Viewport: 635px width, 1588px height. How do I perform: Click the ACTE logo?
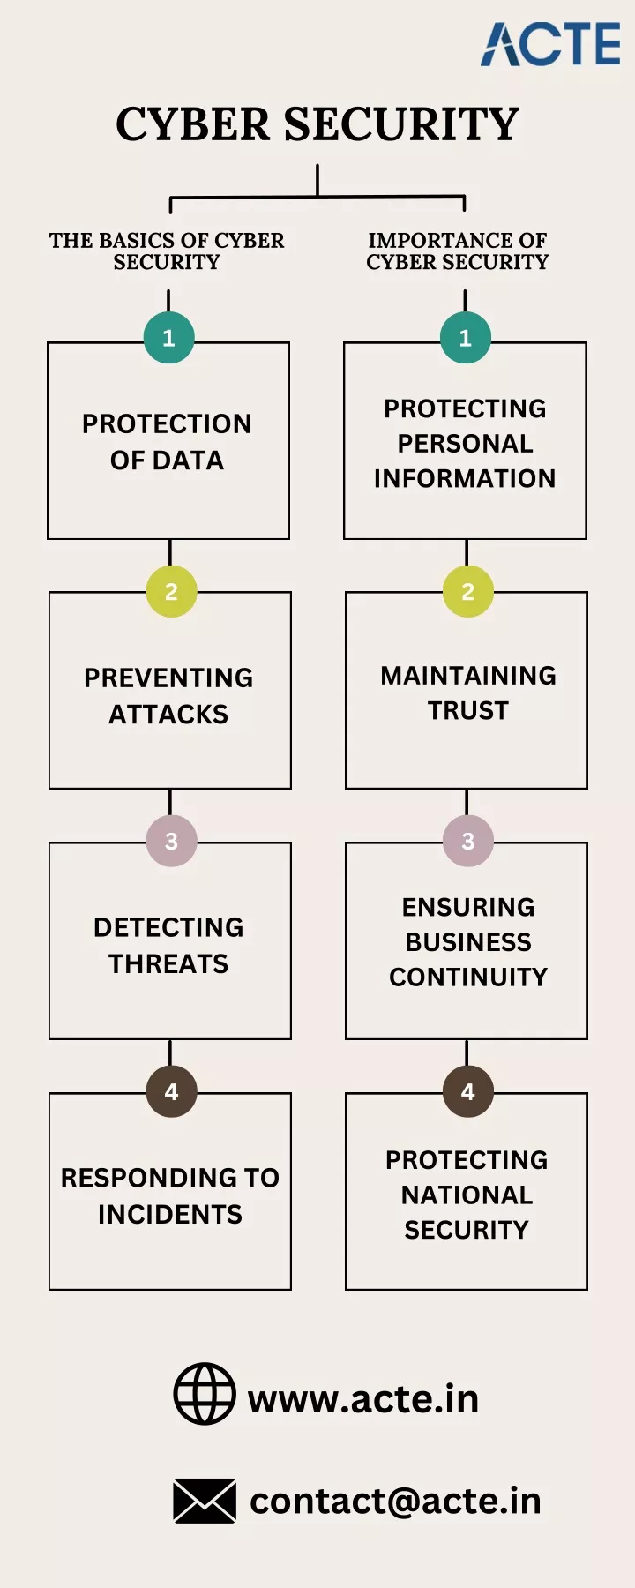(551, 44)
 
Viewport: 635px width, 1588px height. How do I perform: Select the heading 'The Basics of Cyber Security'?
(167, 251)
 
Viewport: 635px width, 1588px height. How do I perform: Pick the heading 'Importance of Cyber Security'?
(458, 251)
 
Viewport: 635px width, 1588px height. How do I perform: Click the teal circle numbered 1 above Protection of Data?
(168, 338)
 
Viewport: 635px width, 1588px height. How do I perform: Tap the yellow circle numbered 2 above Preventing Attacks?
(171, 591)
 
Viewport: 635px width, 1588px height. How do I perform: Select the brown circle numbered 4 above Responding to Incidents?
(171, 1092)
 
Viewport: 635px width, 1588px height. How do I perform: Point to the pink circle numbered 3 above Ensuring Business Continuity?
(468, 842)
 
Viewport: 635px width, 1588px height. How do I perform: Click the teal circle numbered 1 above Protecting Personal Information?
(466, 338)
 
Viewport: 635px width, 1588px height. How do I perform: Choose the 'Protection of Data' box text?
(167, 442)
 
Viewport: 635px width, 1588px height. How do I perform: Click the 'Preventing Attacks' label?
(168, 696)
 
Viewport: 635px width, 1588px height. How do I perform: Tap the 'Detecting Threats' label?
(168, 946)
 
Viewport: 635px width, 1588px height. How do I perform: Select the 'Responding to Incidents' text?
(170, 1196)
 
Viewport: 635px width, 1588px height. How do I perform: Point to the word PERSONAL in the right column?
(466, 444)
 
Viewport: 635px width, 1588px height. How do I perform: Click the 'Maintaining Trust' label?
(468, 693)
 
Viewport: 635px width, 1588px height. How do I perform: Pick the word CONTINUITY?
(468, 978)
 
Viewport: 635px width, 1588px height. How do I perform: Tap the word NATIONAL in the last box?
(467, 1195)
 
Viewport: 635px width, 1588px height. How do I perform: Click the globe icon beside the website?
(205, 1394)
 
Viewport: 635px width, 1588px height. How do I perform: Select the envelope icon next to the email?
(205, 1501)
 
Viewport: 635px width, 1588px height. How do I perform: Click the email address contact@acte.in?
(395, 1501)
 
